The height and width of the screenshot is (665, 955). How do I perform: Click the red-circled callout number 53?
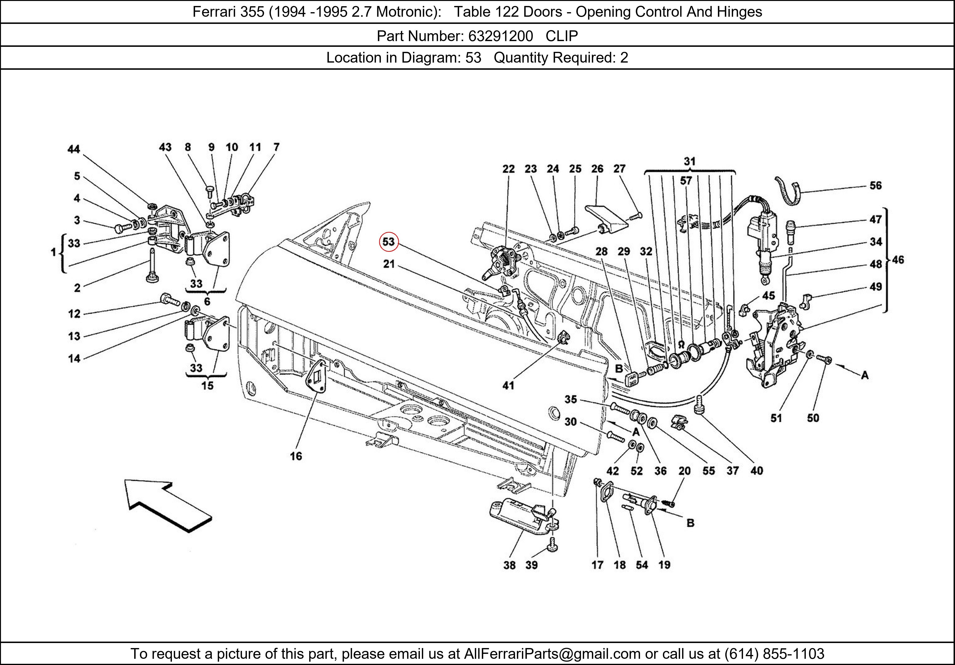coord(388,242)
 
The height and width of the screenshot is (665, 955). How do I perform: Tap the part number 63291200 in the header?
coord(500,36)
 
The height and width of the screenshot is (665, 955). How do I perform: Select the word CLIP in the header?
coord(562,36)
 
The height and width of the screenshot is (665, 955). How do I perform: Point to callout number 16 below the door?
coord(296,456)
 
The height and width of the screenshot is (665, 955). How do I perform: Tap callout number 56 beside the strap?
coord(875,186)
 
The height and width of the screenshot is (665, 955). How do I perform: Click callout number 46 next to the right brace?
coord(898,260)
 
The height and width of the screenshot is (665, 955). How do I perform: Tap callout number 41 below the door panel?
coord(508,386)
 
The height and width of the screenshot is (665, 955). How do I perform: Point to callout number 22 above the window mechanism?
coord(508,169)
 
